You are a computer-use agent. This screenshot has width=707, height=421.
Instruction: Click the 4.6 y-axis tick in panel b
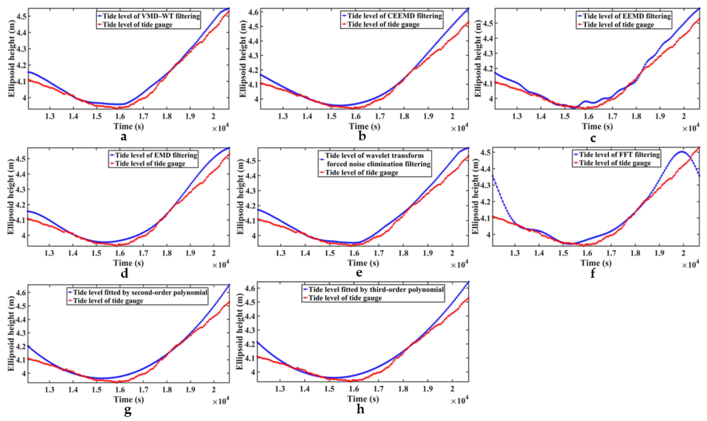pyautogui.click(x=252, y=12)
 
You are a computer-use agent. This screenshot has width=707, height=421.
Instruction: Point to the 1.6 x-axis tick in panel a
pyautogui.click(x=120, y=116)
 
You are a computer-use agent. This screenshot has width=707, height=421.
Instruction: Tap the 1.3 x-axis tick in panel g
pyautogui.click(x=50, y=389)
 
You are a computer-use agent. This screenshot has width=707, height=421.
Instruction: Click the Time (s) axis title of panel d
pyautogui.click(x=129, y=263)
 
